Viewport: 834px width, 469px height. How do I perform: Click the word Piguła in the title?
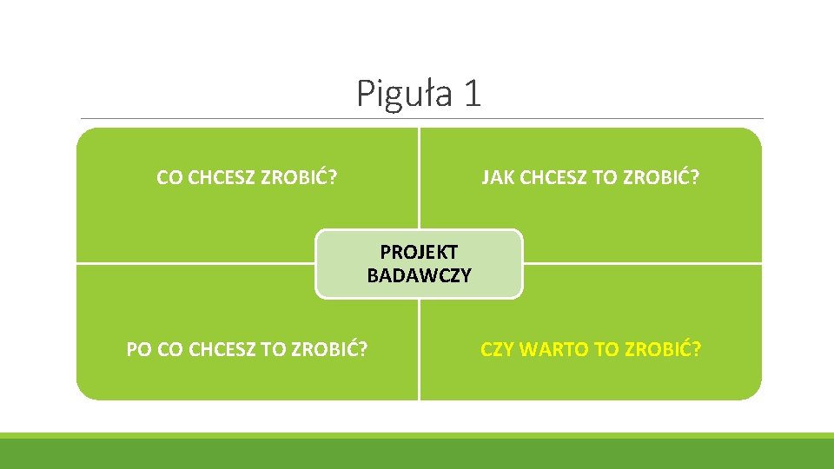click(x=404, y=94)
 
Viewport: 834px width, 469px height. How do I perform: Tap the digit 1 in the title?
click(x=471, y=93)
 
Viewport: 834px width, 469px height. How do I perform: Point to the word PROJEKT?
click(x=419, y=252)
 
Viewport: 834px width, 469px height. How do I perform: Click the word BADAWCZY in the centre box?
click(x=419, y=276)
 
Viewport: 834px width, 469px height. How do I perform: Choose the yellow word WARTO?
click(x=556, y=349)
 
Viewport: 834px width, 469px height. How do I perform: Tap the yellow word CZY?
click(x=498, y=349)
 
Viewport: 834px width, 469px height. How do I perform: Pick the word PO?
click(x=139, y=349)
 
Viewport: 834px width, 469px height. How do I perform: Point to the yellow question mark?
click(x=697, y=349)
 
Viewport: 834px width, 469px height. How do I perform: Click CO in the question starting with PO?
click(x=170, y=349)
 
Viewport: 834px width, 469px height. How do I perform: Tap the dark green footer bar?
click(x=417, y=454)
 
